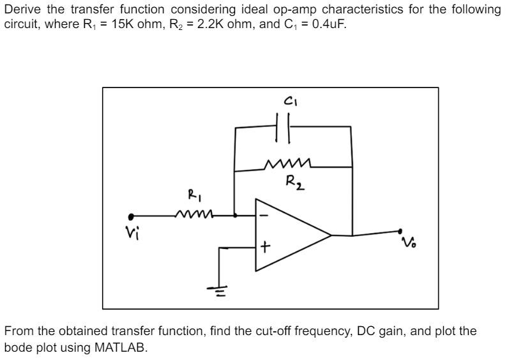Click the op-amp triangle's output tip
[330, 235]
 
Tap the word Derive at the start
[22, 10]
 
